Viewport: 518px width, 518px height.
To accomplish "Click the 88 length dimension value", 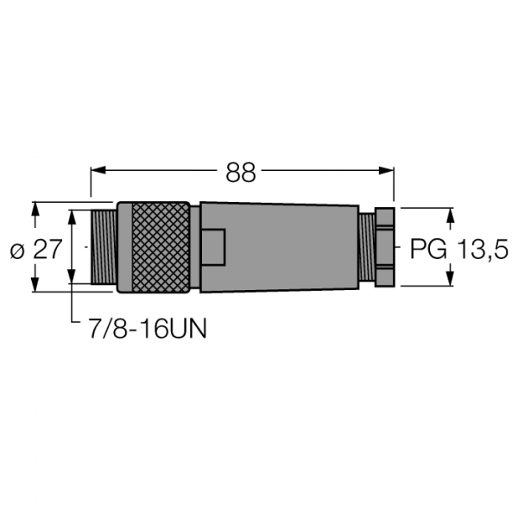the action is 241,173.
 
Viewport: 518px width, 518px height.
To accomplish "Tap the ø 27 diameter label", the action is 36,249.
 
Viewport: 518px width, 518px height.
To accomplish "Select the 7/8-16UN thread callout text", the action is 148,328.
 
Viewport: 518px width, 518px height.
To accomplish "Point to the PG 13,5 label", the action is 458,249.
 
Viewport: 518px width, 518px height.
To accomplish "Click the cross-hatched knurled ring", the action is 161,247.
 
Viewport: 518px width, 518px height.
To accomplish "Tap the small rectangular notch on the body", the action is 213,247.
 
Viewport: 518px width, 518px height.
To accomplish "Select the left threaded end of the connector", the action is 104,247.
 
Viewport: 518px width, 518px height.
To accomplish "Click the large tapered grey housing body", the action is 280,247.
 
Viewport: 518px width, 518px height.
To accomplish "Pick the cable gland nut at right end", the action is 384,247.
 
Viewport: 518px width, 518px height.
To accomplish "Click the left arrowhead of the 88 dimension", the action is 98,170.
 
